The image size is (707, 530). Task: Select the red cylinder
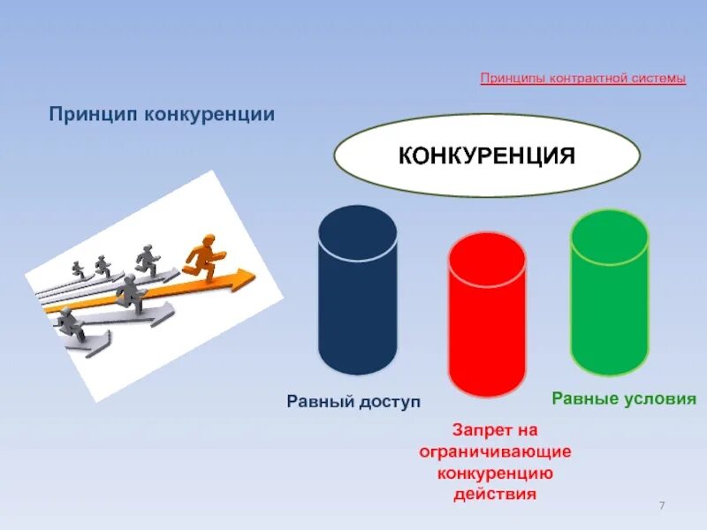pyautogui.click(x=486, y=318)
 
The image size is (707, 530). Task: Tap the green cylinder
pyautogui.click(x=609, y=296)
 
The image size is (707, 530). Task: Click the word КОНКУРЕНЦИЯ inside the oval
pyautogui.click(x=486, y=156)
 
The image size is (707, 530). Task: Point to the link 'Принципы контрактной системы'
pyautogui.click(x=582, y=79)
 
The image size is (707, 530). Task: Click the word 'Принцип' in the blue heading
pyautogui.click(x=91, y=115)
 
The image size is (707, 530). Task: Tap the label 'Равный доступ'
pyautogui.click(x=353, y=402)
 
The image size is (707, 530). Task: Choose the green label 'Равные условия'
pyautogui.click(x=624, y=397)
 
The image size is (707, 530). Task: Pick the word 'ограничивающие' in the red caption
pyautogui.click(x=495, y=451)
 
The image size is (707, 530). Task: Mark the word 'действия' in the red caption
pyautogui.click(x=495, y=494)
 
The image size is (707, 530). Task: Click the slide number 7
pyautogui.click(x=661, y=504)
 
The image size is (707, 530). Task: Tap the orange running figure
pyautogui.click(x=204, y=255)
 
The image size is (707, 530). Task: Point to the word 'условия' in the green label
pyautogui.click(x=659, y=397)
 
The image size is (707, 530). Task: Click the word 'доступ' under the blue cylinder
pyautogui.click(x=389, y=402)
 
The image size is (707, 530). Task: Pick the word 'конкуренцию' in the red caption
pyautogui.click(x=495, y=473)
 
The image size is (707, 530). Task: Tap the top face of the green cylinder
pyautogui.click(x=609, y=233)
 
